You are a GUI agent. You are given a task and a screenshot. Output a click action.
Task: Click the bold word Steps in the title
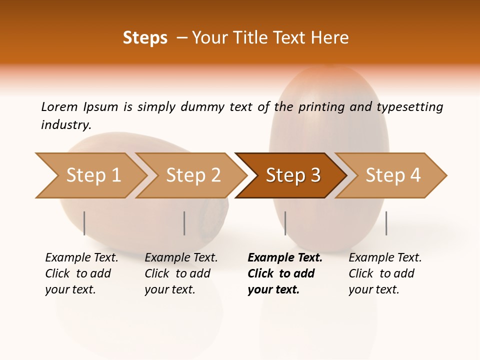[145, 38]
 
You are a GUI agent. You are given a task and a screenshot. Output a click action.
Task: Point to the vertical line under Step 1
[84, 223]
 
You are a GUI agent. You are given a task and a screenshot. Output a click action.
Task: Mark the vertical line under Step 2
[184, 223]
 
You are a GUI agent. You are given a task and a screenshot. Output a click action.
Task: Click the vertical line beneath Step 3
[285, 223]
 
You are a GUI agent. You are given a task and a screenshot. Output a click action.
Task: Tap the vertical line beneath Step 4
[386, 223]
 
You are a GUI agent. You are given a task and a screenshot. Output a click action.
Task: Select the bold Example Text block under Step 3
[284, 273]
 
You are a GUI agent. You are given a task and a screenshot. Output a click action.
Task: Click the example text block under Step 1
[81, 273]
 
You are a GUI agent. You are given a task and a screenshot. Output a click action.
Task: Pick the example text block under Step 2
[181, 273]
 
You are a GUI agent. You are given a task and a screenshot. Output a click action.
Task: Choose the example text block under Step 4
[385, 273]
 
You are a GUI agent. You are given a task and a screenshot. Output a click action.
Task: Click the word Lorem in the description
[59, 107]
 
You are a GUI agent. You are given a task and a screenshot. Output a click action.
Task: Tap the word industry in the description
[65, 125]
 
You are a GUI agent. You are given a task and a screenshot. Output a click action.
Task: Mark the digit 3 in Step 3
[315, 175]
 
